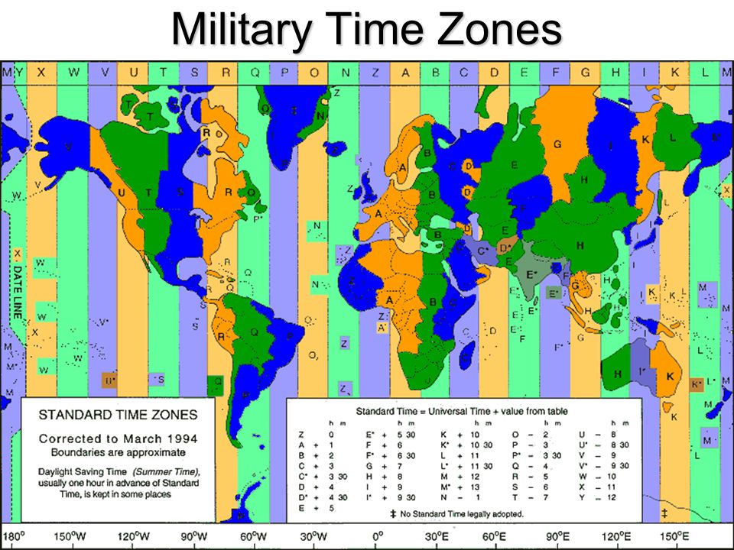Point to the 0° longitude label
[x=376, y=536]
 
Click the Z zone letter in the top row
[x=375, y=73]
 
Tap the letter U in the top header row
[x=134, y=73]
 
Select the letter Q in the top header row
[x=255, y=73]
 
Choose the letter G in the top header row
[x=585, y=73]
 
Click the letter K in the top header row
[x=675, y=73]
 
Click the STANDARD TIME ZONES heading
[x=118, y=416]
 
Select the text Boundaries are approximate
[x=118, y=452]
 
